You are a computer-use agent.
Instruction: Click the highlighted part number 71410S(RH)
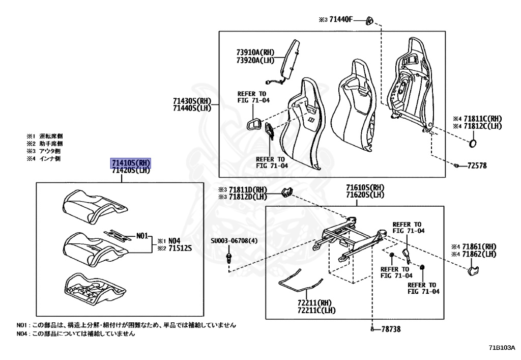131,163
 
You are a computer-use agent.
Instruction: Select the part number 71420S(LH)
131,171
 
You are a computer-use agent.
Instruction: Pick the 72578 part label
478,166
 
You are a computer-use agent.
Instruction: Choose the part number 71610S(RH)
365,187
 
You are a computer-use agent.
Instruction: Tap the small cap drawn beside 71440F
370,20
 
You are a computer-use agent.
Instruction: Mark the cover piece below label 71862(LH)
472,269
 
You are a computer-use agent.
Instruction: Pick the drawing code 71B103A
502,348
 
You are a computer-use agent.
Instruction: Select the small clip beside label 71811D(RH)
287,192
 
